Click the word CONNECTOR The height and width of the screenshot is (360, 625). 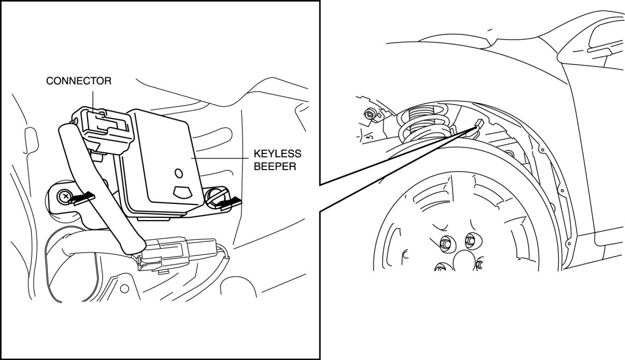click(x=79, y=81)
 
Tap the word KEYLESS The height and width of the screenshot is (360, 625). click(x=278, y=154)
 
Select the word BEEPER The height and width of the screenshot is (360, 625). click(x=275, y=166)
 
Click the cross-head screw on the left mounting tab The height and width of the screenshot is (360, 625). click(x=64, y=196)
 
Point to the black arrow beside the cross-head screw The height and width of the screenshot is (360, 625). click(x=82, y=198)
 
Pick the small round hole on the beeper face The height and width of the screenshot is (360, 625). click(x=179, y=173)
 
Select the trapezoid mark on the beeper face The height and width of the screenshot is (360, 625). click(x=182, y=192)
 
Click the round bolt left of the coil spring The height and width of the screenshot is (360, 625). click(x=370, y=114)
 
